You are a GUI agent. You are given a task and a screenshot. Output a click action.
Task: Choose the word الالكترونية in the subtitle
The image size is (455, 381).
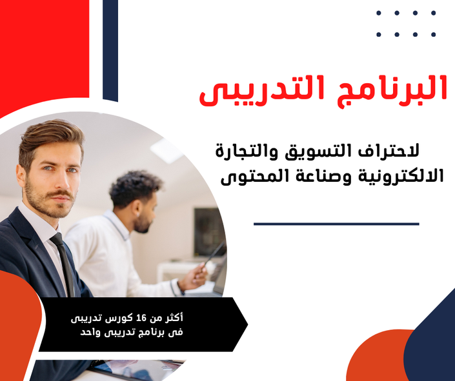click(x=401, y=176)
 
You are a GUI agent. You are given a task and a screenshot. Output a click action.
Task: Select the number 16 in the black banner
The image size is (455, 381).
click(x=141, y=318)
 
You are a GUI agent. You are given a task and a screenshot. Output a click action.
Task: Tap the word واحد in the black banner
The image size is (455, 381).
click(x=90, y=332)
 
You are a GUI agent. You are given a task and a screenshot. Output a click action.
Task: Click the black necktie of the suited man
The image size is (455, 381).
click(x=64, y=264)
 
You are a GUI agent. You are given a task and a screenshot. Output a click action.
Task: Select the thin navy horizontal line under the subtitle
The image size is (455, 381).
click(x=336, y=224)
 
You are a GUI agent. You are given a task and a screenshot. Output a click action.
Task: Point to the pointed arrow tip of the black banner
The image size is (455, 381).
click(x=248, y=324)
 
